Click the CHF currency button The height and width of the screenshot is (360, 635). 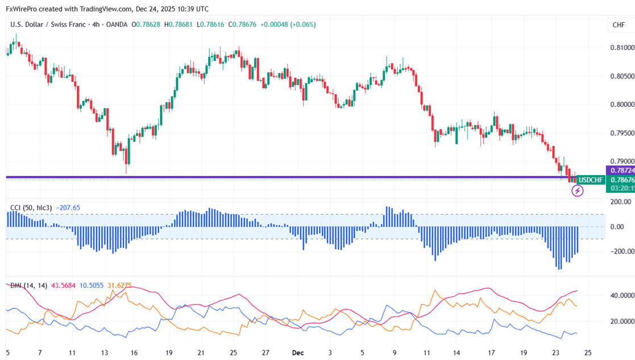point(619,25)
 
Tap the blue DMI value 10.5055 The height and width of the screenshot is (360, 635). point(92,285)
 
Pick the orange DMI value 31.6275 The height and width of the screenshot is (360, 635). point(119,285)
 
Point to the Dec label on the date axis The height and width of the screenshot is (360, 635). point(298,353)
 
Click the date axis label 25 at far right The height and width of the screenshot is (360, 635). point(588,353)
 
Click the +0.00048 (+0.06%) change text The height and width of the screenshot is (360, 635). point(288,24)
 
